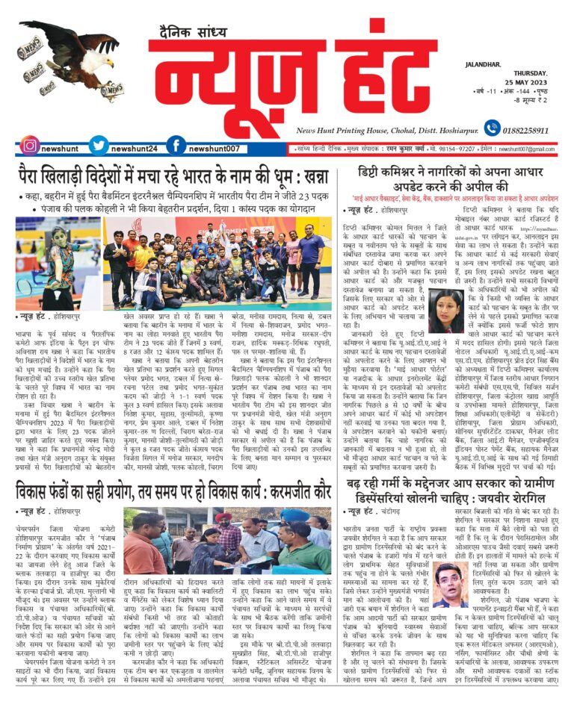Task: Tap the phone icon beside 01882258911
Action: click(492, 129)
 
